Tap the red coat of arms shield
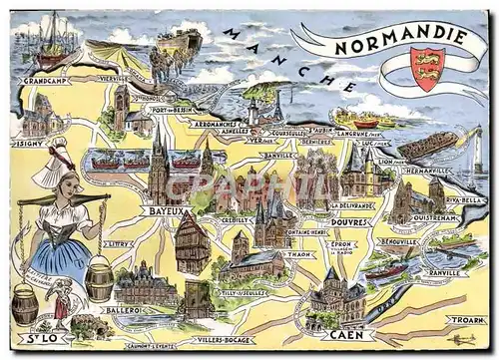(x=428, y=68)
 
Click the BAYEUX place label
(x=164, y=211)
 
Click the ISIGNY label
(x=27, y=143)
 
